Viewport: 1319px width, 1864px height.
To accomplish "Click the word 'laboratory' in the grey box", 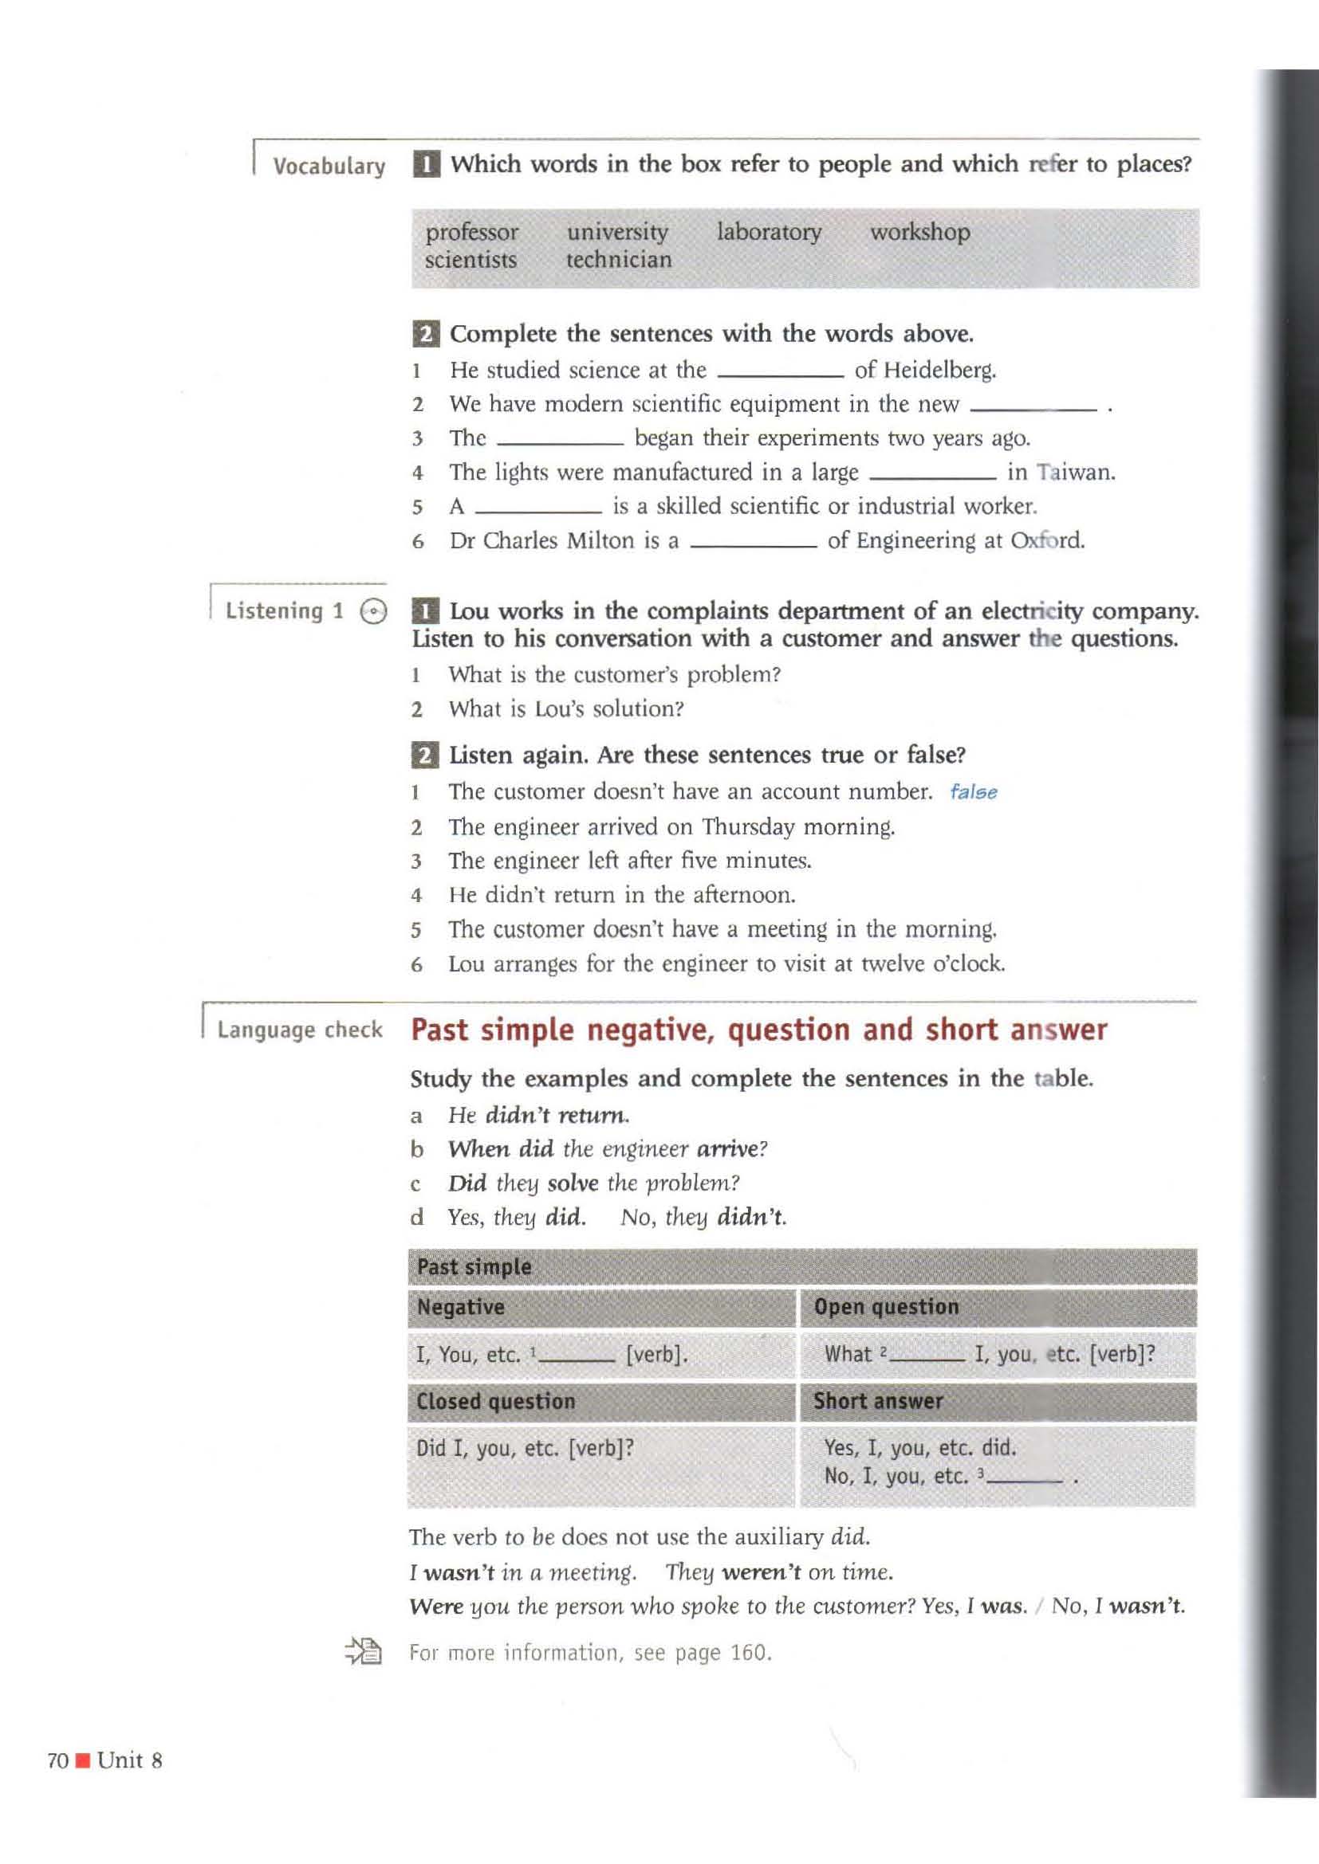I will [x=768, y=232].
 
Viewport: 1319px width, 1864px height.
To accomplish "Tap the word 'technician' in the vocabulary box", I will [x=618, y=260].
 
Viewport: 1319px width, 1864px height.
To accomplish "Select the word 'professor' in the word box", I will [x=471, y=232].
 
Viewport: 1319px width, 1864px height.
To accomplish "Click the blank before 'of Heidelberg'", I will [x=779, y=373].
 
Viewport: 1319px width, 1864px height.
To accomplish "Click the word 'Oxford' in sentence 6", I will [x=1046, y=540].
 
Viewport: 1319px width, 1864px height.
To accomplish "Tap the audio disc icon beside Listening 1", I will [x=372, y=611].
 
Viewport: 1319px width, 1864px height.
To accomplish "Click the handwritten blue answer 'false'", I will [x=973, y=792].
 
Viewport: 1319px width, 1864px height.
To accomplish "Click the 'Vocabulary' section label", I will [x=329, y=167].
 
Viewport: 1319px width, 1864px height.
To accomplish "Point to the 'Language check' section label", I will [x=299, y=1030].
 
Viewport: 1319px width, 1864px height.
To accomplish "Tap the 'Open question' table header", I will [x=885, y=1306].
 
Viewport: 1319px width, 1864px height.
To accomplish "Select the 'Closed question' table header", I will [x=495, y=1400].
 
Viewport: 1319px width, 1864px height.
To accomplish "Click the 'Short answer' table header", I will [x=878, y=1400].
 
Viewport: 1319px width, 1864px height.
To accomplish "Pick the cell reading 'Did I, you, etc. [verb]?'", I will [x=525, y=1447].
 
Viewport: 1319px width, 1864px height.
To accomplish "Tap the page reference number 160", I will [x=748, y=1653].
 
